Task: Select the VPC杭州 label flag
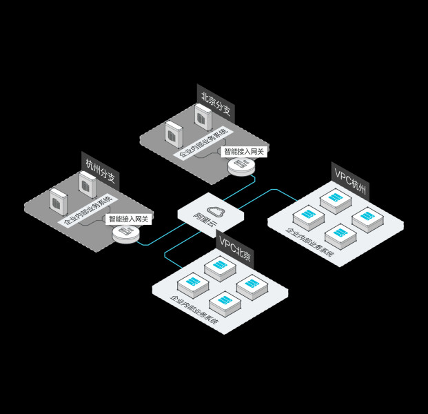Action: click(350, 181)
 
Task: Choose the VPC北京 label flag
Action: click(235, 248)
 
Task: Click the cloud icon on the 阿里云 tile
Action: click(216, 211)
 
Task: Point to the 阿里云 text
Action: click(205, 220)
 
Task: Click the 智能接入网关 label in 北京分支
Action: click(244, 151)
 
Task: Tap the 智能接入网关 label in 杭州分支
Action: click(129, 219)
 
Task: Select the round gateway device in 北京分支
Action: click(241, 166)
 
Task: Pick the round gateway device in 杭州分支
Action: click(126, 234)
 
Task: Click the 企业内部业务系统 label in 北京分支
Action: click(203, 143)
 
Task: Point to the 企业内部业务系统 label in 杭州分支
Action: click(88, 210)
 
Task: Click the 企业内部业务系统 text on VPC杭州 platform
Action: click(310, 242)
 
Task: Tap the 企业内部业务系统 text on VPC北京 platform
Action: click(194, 310)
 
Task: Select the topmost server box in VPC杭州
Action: click(336, 201)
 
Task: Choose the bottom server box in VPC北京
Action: click(225, 304)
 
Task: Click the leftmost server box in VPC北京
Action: click(193, 285)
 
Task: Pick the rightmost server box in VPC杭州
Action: click(367, 219)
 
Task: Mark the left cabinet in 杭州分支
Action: click(59, 201)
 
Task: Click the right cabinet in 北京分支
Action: click(203, 117)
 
